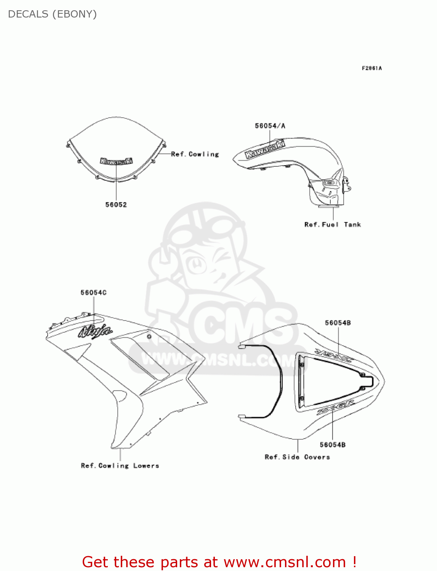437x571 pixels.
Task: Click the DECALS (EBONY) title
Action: pos(52,14)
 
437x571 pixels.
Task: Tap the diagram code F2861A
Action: pos(371,69)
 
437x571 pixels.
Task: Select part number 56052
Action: pos(116,205)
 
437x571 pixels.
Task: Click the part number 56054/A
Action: pos(270,126)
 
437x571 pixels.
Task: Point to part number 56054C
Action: pos(93,293)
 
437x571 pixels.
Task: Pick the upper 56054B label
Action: pos(338,323)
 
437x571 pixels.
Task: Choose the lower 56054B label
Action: pos(333,445)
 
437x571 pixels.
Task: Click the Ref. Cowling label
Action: pos(195,154)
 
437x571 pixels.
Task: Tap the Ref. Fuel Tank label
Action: pos(332,225)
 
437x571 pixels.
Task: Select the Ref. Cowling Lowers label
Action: pos(120,466)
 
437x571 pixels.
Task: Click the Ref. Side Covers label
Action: pos(297,457)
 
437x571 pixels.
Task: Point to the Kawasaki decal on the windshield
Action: pos(116,161)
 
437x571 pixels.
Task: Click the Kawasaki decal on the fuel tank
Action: pos(265,149)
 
